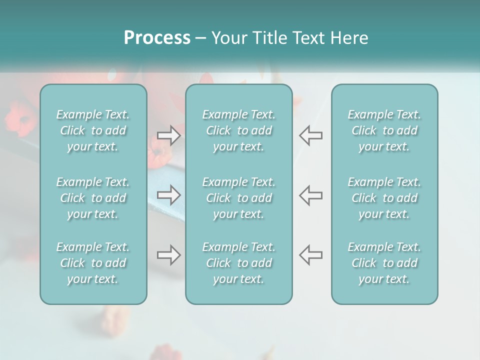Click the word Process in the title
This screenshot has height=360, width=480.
157,38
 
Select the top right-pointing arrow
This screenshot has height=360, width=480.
169,135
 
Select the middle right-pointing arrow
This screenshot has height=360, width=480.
169,195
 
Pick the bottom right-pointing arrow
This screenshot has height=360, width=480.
169,255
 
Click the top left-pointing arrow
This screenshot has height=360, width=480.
311,135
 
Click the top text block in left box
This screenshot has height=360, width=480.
93,130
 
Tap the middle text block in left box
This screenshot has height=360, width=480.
93,198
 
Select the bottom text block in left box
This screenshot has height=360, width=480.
93,263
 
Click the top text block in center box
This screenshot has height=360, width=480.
239,130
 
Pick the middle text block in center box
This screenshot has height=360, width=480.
239,198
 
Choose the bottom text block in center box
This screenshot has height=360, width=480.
239,263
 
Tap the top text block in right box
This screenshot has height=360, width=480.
384,130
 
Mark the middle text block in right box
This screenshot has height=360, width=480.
384,198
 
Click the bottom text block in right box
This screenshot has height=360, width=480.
384,263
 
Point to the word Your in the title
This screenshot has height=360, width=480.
228,38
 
